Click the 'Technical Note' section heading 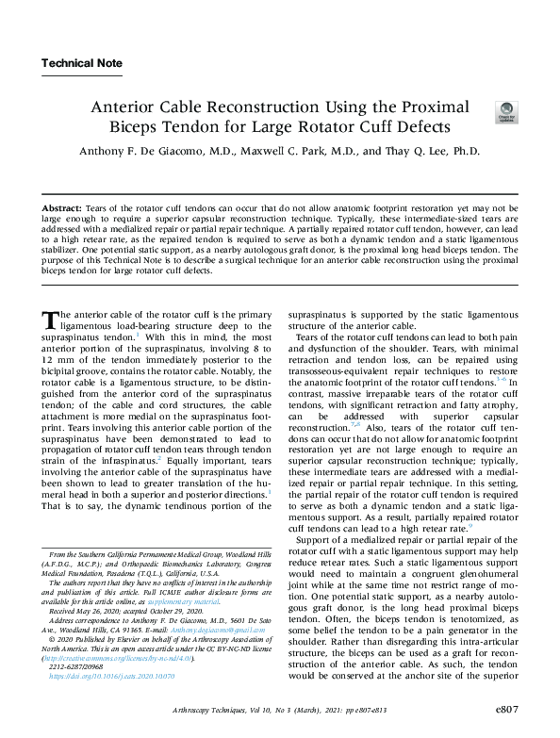[81, 63]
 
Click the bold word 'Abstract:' [62, 206]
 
